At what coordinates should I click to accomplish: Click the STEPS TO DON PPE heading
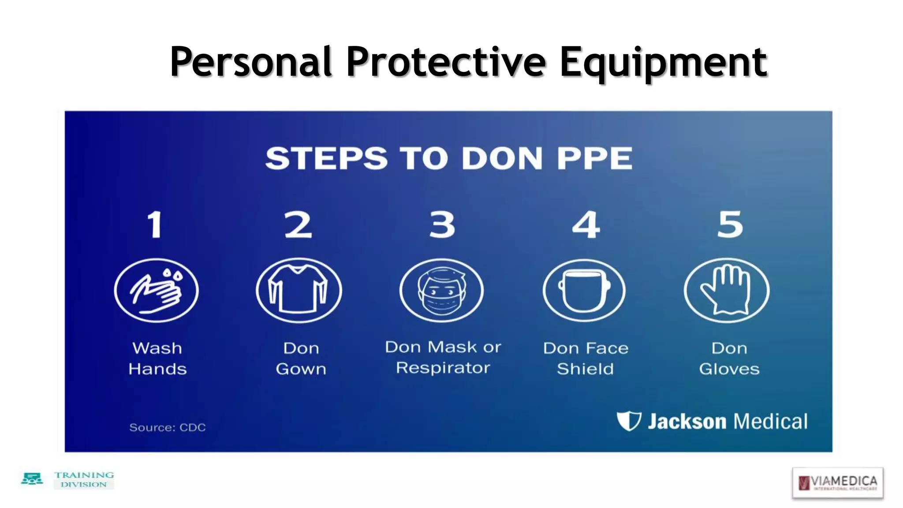(x=449, y=158)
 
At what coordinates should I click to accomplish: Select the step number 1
(x=155, y=225)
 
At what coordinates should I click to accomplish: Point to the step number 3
(x=442, y=225)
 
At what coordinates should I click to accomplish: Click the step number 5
(x=730, y=225)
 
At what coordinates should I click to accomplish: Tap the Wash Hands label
(x=157, y=359)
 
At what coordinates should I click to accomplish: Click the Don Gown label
(x=301, y=359)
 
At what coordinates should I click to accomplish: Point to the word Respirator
(x=443, y=368)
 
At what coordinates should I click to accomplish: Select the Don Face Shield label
(x=586, y=359)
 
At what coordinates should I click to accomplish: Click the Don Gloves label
(x=729, y=359)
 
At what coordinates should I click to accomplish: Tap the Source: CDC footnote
(x=168, y=427)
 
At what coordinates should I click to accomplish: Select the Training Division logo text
(x=84, y=480)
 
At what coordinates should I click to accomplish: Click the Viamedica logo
(x=838, y=482)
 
